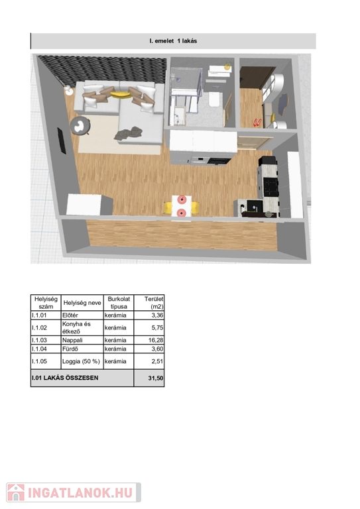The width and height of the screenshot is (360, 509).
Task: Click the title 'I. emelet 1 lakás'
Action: point(173,41)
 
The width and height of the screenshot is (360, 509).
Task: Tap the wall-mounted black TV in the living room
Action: point(62,141)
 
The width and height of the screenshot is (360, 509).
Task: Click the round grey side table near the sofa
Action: point(80,126)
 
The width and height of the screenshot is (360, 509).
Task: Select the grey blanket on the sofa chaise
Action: point(129,134)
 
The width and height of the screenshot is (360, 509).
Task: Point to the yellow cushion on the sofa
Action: point(121,95)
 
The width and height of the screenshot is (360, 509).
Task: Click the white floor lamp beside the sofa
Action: point(68,90)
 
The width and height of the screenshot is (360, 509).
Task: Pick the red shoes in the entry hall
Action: point(257,123)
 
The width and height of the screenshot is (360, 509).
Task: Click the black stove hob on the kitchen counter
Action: point(270,187)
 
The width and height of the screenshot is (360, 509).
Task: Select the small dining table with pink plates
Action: point(182,206)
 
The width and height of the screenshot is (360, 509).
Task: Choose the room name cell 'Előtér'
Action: point(70,315)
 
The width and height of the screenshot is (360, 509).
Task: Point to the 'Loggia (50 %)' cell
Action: point(81,361)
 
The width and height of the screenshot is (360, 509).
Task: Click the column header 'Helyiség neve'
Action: point(82,303)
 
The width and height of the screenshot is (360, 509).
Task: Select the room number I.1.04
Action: point(39,349)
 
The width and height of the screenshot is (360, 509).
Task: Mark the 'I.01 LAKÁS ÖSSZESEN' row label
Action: point(65,378)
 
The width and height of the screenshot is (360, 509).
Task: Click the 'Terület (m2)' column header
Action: point(154,302)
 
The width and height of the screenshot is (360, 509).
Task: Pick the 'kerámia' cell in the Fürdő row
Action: point(115,349)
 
